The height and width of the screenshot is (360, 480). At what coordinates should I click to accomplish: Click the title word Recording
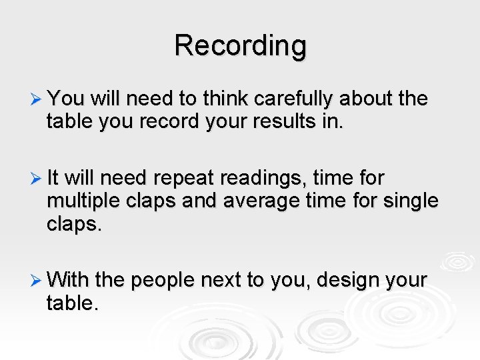tap(240, 46)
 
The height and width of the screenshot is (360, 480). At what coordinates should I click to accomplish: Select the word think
tap(205, 99)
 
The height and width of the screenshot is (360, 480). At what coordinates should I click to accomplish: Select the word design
tap(350, 280)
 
